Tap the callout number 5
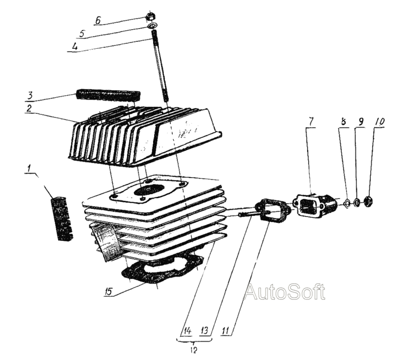tap(82, 34)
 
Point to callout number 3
tap(30, 96)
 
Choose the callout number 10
tap(379, 122)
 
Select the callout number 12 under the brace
tap(194, 350)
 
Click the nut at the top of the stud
tap(151, 17)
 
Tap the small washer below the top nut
tap(152, 26)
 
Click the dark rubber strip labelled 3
tap(108, 95)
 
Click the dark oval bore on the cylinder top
tap(149, 190)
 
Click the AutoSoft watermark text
tap(285, 291)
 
